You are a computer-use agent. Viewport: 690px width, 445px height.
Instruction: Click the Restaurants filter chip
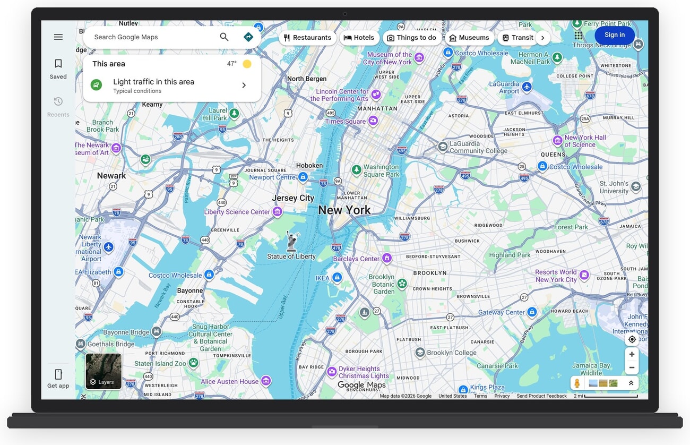(307, 38)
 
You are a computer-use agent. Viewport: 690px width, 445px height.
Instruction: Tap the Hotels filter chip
(359, 38)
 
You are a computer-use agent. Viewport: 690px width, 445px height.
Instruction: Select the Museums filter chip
(469, 38)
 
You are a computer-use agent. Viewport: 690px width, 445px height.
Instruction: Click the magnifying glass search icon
(224, 37)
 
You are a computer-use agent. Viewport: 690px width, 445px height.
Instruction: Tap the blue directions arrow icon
(248, 37)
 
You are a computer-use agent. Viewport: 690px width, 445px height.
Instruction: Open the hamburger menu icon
(58, 37)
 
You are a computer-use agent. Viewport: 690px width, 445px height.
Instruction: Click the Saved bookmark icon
(58, 64)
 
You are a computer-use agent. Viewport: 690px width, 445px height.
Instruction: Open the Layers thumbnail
(103, 371)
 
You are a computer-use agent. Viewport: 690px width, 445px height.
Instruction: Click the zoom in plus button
(632, 354)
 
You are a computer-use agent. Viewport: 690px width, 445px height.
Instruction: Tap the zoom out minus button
(632, 367)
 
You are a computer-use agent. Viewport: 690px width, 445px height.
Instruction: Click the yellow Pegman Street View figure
(577, 383)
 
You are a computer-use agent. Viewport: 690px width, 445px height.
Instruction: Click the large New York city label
(344, 210)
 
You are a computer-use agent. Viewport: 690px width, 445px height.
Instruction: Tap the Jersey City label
(293, 198)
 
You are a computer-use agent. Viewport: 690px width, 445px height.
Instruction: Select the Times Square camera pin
(373, 121)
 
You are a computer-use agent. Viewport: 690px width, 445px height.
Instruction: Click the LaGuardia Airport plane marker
(527, 87)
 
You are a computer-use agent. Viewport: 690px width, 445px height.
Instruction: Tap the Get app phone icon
(58, 374)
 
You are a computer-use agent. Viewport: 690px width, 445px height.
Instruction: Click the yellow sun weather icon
(247, 64)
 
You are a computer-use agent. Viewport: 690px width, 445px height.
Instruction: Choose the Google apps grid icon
(579, 35)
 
